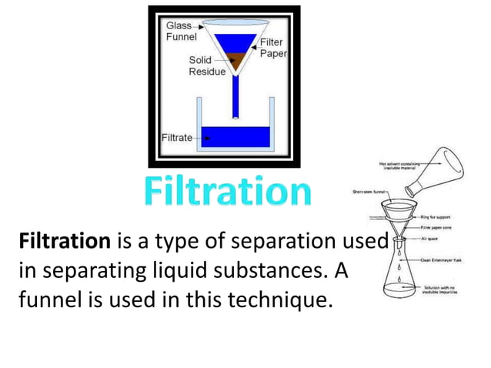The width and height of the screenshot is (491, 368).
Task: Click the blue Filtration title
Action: tap(228, 192)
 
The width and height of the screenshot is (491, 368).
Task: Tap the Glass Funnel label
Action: tap(182, 31)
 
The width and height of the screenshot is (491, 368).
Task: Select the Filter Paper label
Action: tap(272, 49)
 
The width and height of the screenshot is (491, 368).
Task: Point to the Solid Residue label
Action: tap(206, 65)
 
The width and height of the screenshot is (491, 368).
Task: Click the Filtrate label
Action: tap(176, 137)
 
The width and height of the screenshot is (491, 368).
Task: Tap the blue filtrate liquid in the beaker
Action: tap(234, 137)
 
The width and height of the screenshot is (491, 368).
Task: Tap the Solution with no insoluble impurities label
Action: tap(441, 291)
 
